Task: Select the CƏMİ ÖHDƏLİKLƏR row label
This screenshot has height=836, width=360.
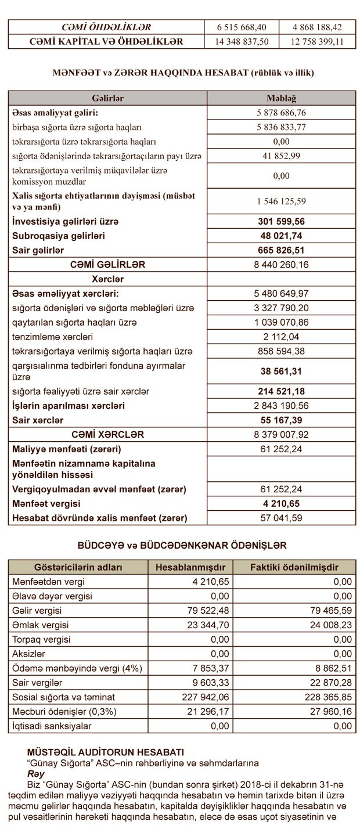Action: coord(106,27)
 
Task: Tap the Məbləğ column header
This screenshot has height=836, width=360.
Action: coord(281,98)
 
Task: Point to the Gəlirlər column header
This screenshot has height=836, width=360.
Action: coord(107,98)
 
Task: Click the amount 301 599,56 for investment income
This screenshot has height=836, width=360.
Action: coord(281,222)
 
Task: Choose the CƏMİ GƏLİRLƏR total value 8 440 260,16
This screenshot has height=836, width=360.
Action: coord(281,265)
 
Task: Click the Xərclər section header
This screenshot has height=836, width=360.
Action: coord(107,279)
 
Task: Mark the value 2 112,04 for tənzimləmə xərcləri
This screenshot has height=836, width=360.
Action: coord(281,337)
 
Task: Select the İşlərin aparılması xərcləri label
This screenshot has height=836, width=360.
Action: coord(69,406)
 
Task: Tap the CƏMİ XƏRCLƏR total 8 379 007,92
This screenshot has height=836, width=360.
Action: coord(281,434)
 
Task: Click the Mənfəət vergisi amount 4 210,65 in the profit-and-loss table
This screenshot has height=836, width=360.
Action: coord(281,503)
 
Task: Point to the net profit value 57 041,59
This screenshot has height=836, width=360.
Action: coord(281,517)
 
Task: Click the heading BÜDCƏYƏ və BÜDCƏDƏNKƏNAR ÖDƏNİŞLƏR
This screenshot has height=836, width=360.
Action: coord(182,546)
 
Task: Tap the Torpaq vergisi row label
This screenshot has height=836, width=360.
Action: coord(42,639)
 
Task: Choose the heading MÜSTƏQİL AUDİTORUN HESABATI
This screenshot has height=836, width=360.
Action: coord(106,752)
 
